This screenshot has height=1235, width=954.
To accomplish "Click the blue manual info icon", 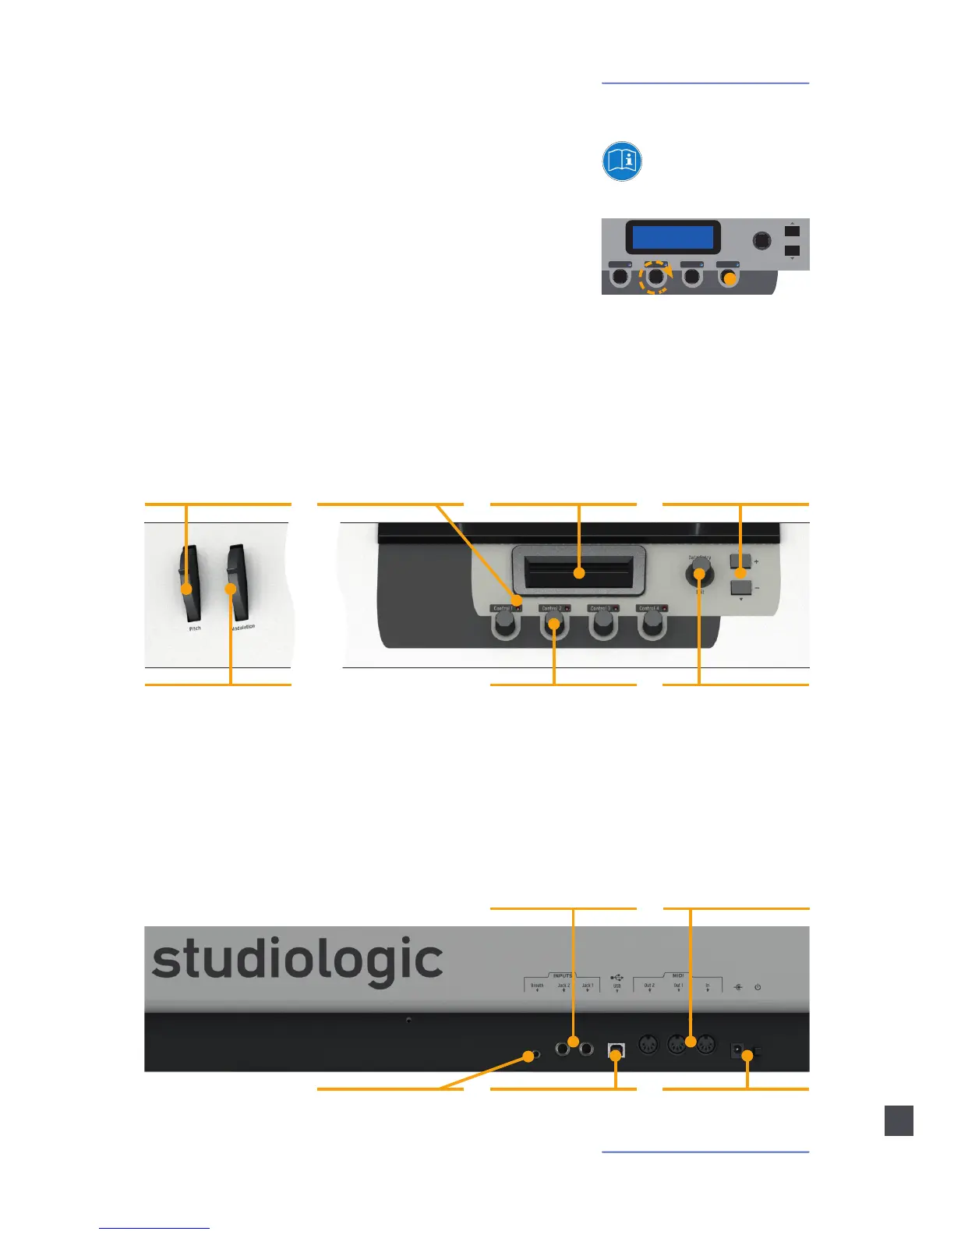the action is coord(621,161).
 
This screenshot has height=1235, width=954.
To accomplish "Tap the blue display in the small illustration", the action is coord(672,237).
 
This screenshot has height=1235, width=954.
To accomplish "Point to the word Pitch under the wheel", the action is coord(195,628).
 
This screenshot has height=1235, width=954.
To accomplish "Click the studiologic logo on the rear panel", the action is coord(297,961).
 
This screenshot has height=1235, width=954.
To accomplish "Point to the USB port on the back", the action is coord(616,1050).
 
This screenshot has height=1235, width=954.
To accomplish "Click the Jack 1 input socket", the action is coord(587,1049).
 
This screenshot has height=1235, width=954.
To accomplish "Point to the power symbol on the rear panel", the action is coord(758,987).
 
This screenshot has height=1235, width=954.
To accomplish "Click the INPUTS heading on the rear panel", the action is coord(562,975).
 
